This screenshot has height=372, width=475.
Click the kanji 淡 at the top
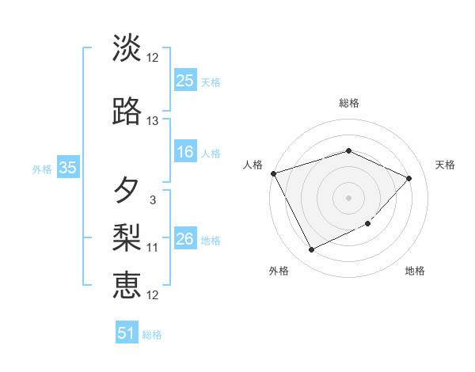pyautogui.click(x=127, y=48)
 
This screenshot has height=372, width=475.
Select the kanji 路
pyautogui.click(x=127, y=112)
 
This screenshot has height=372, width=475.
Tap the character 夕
pyautogui.click(x=127, y=190)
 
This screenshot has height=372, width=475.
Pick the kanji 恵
pyautogui.click(x=127, y=283)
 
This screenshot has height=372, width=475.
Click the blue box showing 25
pyautogui.click(x=185, y=80)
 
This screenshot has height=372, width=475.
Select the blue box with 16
pyautogui.click(x=185, y=152)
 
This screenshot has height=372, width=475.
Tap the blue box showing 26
pyautogui.click(x=185, y=239)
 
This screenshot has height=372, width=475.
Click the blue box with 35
pyautogui.click(x=67, y=168)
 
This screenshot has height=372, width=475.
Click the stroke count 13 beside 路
pyautogui.click(x=152, y=121)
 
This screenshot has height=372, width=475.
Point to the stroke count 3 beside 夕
pyautogui.click(x=152, y=200)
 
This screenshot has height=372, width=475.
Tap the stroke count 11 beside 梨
pyautogui.click(x=152, y=248)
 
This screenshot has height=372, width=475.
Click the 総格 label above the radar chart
pyautogui.click(x=348, y=103)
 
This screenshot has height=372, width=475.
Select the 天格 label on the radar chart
pyautogui.click(x=445, y=165)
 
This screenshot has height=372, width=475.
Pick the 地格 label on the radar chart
pyautogui.click(x=415, y=271)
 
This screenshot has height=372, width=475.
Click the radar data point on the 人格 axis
pyautogui.click(x=273, y=173)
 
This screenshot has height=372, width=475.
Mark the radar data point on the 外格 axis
pyautogui.click(x=311, y=250)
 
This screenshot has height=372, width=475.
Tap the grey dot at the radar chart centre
pyautogui.click(x=348, y=197)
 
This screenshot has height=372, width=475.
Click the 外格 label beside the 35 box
pyautogui.click(x=42, y=169)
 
